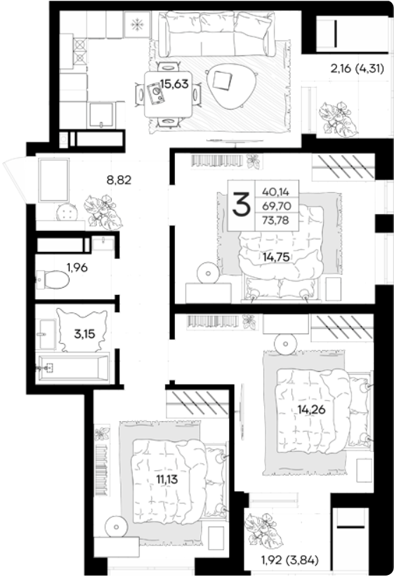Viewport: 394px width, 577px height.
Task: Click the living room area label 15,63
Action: click(x=174, y=84)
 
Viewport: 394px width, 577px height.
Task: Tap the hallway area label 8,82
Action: click(x=119, y=180)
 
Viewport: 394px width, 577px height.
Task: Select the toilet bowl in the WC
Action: click(x=53, y=280)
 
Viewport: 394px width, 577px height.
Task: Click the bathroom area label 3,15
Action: click(x=84, y=334)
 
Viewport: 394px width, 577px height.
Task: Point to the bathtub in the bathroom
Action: click(x=72, y=368)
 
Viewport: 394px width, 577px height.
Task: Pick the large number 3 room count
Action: click(x=241, y=206)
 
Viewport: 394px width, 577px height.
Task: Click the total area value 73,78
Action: click(x=275, y=220)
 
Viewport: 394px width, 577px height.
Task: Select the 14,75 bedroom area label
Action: click(x=276, y=257)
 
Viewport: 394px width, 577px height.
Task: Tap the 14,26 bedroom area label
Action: click(x=312, y=409)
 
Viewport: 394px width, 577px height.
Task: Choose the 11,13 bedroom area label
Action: click(x=167, y=479)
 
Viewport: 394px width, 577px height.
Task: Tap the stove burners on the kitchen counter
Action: click(x=81, y=51)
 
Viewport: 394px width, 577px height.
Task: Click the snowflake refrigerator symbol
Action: click(x=137, y=25)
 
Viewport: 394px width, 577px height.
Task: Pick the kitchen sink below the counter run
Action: click(x=101, y=114)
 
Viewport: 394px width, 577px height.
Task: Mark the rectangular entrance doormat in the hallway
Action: click(x=54, y=180)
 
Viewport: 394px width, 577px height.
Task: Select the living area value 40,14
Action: click(x=276, y=192)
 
